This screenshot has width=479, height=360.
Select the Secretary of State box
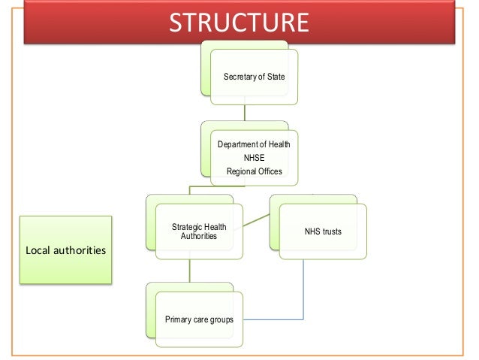[253, 76]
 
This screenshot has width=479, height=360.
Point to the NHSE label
[254, 158]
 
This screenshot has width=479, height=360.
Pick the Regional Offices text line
[254, 171]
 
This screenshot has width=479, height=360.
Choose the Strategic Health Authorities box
[199, 231]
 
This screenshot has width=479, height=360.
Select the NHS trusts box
[323, 231]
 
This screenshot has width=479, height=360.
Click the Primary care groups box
[199, 319]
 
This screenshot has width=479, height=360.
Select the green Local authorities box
[65, 250]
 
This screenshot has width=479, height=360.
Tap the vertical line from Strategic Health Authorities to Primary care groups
[189, 271]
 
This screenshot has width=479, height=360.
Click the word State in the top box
[276, 77]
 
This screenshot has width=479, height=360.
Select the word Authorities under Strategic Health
[199, 237]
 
